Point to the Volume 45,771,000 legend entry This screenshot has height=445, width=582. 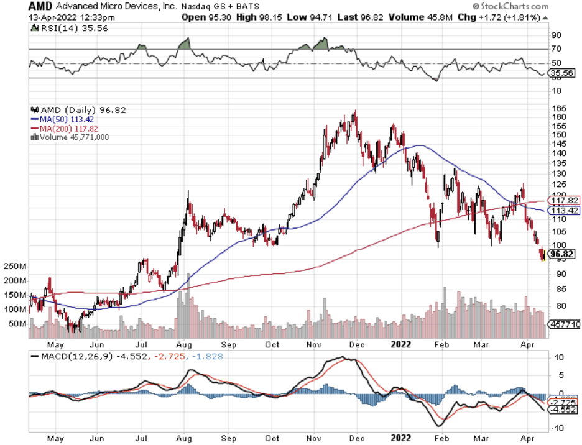(x=73, y=137)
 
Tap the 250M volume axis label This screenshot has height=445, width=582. (x=14, y=266)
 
